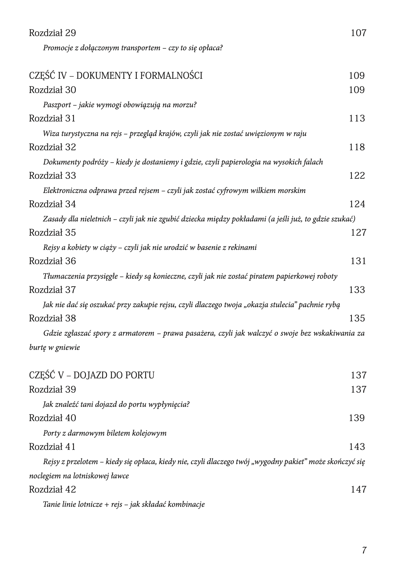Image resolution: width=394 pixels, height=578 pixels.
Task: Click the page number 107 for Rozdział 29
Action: [358, 33]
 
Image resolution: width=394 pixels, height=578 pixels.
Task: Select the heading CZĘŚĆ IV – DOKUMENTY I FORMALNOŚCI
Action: [116, 75]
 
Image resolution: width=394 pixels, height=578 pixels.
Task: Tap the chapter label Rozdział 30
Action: [52, 90]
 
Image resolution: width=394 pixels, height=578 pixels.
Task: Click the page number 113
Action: [357, 118]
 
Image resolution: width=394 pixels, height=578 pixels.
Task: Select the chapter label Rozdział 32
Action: [52, 147]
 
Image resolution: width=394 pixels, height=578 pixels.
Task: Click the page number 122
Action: [357, 176]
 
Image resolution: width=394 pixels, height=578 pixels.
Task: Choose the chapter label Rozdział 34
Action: [52, 204]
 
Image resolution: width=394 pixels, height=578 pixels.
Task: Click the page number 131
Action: [358, 261]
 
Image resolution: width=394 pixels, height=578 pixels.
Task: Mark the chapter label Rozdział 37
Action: [52, 290]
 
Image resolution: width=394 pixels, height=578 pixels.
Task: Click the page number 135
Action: [357, 318]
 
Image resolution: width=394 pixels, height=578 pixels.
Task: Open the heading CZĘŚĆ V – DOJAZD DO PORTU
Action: [92, 375]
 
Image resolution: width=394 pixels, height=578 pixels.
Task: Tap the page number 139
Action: [356, 418]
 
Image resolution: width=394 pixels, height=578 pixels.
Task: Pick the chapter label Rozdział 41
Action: [52, 447]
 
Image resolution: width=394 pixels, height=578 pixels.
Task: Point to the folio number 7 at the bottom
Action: [364, 550]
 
